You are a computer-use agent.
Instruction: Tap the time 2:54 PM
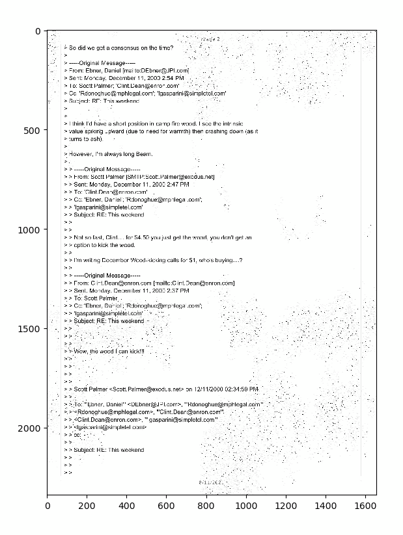tap(173, 78)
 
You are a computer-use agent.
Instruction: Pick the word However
tap(81, 154)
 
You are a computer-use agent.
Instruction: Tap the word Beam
tap(143, 154)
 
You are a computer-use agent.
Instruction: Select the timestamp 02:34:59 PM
tap(237, 389)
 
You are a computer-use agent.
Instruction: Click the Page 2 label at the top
tap(211, 39)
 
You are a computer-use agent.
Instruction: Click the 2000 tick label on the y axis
tap(30, 428)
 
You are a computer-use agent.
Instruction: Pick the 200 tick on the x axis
tap(87, 495)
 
